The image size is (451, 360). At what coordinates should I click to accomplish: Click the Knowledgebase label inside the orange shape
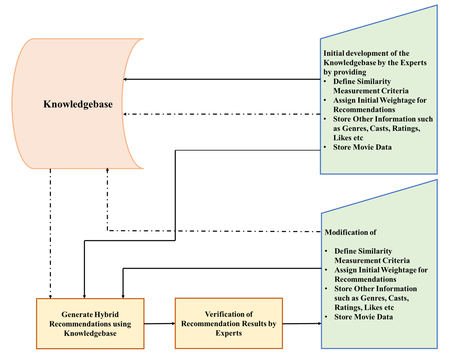[78, 104]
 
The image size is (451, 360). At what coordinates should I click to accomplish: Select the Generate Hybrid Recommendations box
[90, 323]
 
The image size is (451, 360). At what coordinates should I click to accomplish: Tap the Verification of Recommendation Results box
[228, 323]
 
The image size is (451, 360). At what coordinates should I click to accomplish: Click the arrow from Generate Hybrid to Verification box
[160, 323]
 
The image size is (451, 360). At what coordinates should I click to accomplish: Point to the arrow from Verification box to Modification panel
[302, 323]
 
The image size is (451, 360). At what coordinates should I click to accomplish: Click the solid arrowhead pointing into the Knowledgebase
[125, 79]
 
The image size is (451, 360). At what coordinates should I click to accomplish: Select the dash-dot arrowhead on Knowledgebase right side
[125, 114]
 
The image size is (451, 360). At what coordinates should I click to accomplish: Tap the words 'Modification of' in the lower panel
[350, 232]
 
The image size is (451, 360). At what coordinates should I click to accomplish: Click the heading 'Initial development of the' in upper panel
[366, 53]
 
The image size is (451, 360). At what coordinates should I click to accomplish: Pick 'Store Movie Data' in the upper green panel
[362, 147]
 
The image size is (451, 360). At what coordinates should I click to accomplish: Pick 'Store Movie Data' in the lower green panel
[364, 317]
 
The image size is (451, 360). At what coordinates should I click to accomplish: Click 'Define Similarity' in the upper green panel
[362, 81]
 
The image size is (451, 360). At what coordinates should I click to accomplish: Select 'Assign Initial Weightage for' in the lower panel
[381, 270]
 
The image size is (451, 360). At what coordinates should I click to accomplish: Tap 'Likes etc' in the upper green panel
[348, 138]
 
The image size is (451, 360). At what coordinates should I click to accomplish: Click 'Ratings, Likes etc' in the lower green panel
[364, 307]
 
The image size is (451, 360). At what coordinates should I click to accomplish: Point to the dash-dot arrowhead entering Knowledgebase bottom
[107, 170]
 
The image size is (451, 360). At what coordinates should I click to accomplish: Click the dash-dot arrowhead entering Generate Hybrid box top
[50, 296]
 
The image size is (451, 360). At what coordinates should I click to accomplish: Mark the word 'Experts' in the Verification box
[228, 333]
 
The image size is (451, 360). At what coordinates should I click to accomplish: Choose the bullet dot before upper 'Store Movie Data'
[325, 147]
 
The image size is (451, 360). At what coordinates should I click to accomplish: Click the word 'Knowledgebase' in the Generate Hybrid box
[90, 333]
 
